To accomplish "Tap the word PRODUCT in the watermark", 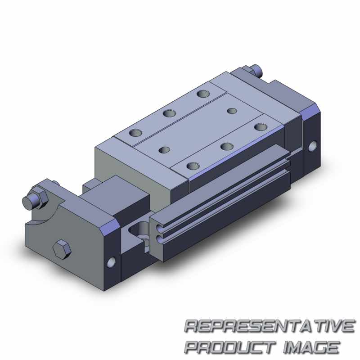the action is coord(230,347).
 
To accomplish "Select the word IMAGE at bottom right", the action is coord(312,347).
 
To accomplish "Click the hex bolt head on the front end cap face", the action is coord(62,249).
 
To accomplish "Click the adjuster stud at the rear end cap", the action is coord(256,70).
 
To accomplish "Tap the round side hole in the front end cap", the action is coord(111,262).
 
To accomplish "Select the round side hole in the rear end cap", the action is coord(311,147).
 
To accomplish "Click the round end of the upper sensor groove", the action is coord(160,228).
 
